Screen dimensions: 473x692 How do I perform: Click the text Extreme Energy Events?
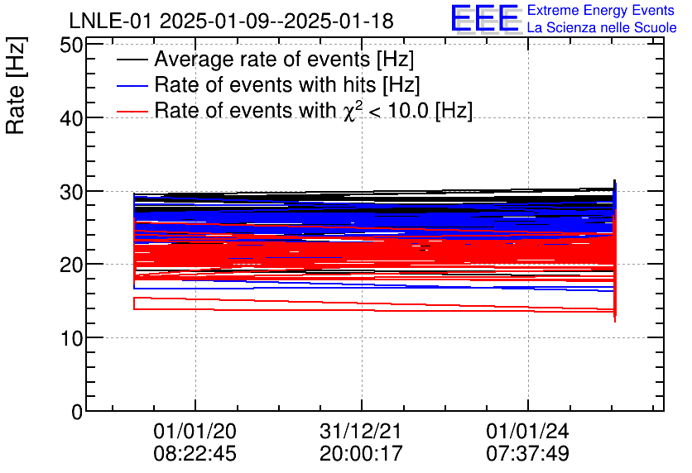pos(601,11)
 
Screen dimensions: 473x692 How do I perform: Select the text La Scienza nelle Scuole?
pos(602,28)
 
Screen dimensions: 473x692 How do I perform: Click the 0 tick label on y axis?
pos(77,411)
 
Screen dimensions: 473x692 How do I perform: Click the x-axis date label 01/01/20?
pos(195,431)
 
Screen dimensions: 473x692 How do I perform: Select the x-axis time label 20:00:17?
pos(361,453)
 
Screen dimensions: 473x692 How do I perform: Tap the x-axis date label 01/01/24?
pos(527,431)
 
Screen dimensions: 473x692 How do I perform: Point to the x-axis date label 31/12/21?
pos(361,431)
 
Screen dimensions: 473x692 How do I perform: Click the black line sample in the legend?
pos(132,60)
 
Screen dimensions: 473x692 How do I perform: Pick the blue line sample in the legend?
pos(132,85)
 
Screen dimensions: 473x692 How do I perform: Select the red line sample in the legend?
pos(132,110)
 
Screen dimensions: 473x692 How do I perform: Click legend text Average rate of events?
pos(284,60)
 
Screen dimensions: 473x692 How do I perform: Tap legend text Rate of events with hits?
pos(286,85)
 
